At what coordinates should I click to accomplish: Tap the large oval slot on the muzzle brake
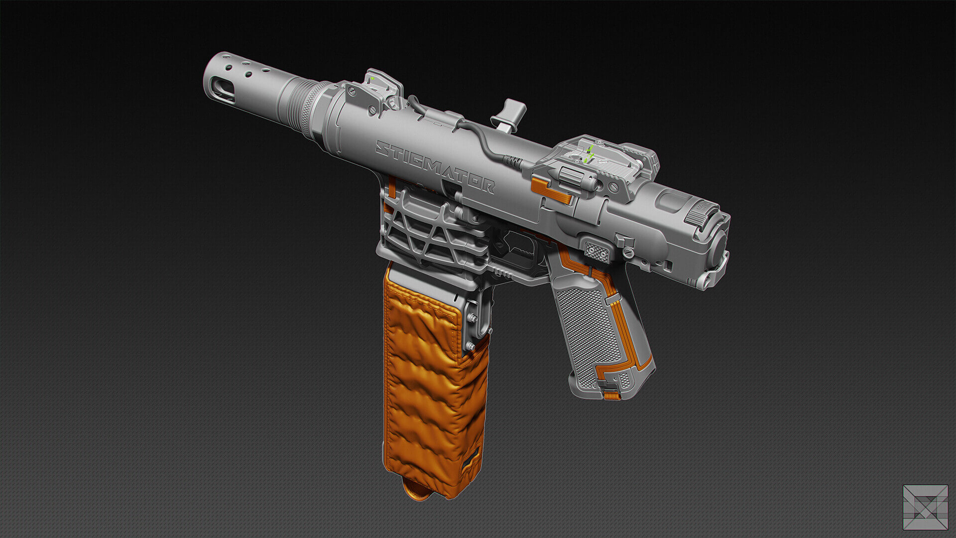coord(222,90)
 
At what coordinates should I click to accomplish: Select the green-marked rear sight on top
coord(588,154)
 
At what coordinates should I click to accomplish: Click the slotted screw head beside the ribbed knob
coord(613,187)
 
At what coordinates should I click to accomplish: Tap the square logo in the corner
coord(925,507)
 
